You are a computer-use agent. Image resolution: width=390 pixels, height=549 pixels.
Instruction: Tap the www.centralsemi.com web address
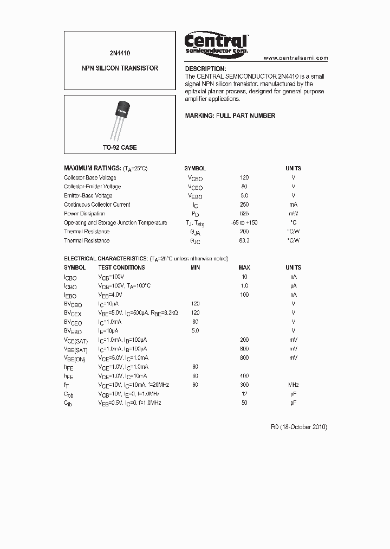point(296,58)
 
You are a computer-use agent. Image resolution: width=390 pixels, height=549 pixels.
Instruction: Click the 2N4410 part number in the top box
point(120,53)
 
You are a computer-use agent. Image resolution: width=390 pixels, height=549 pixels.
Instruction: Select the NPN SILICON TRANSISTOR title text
point(120,68)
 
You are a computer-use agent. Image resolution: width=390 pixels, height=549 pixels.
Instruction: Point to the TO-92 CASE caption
point(120,148)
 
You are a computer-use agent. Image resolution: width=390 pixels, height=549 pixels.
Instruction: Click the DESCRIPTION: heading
point(205,69)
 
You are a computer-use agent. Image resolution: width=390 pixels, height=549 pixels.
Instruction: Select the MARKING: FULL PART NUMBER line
point(230,116)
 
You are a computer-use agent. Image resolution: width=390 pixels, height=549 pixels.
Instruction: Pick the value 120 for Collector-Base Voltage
point(244,177)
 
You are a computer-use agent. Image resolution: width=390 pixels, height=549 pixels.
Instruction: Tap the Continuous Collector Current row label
point(97,205)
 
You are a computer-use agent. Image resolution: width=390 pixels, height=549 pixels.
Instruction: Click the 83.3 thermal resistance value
point(244,240)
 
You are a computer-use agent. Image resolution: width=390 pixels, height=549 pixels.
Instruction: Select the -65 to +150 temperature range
point(244,222)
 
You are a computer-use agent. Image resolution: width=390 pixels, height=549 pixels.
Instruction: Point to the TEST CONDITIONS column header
point(121,267)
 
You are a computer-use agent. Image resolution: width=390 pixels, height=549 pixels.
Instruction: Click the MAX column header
point(244,267)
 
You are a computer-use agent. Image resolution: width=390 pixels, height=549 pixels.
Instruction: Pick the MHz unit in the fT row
point(293,385)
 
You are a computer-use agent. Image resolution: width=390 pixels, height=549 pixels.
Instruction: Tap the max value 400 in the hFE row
point(244,375)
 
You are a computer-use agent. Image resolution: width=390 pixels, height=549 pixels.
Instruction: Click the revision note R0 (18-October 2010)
point(298,427)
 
